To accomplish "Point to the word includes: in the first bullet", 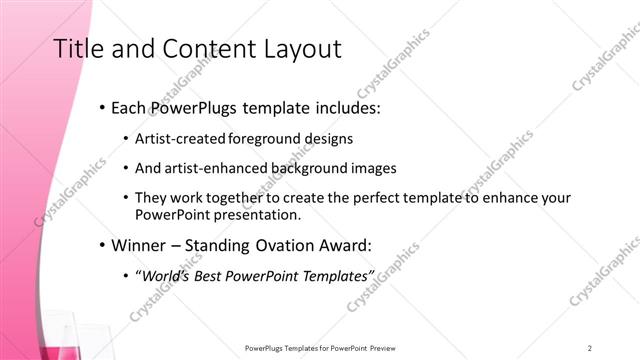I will coord(346,108).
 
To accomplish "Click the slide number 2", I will coord(590,348).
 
